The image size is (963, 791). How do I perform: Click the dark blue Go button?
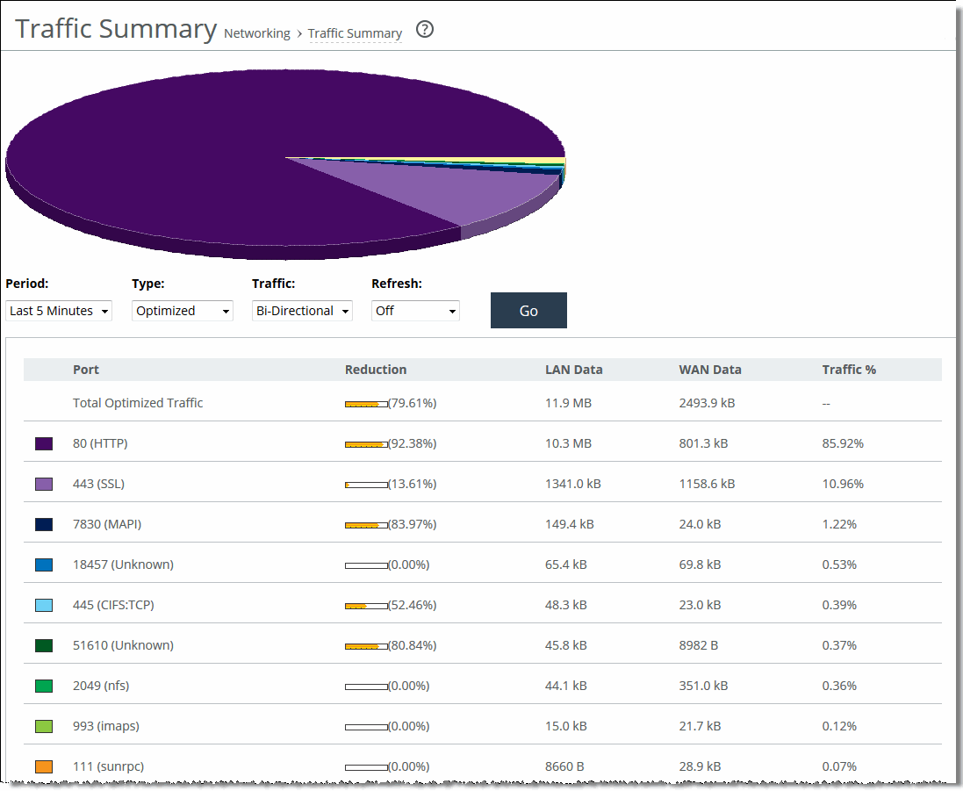(528, 311)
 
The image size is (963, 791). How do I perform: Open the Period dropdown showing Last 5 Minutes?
(59, 311)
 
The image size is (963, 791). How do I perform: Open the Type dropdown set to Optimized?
(183, 311)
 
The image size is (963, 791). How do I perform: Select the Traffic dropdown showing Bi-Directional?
(302, 311)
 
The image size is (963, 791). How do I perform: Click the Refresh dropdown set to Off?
(415, 311)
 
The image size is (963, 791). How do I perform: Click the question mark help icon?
(425, 30)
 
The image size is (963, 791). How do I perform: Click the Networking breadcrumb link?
(257, 33)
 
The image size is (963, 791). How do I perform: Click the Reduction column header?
(376, 370)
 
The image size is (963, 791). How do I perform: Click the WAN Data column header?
(710, 370)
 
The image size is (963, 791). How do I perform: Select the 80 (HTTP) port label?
(100, 443)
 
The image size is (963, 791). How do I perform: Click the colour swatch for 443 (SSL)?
(44, 484)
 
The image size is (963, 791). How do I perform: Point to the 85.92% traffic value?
(843, 443)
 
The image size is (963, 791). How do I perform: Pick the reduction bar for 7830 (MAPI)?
(366, 525)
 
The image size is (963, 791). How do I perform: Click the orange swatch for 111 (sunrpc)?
(44, 766)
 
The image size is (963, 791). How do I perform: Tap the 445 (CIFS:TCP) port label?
(113, 605)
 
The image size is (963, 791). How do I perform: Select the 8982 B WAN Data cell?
(699, 645)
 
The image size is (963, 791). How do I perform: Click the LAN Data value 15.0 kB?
(566, 726)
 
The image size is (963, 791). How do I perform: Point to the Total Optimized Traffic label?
(138, 403)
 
